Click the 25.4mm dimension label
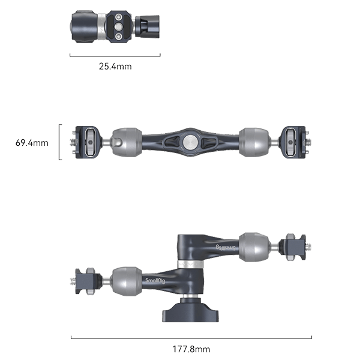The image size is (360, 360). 115,66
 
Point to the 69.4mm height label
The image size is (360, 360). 31,143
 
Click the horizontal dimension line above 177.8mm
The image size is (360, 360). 191,338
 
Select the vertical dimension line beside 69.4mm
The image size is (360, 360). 59,142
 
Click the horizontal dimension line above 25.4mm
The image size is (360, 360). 115,55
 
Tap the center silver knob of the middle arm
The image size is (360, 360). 190,142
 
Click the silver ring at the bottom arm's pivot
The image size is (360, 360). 190,265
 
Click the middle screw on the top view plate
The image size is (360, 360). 118,27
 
